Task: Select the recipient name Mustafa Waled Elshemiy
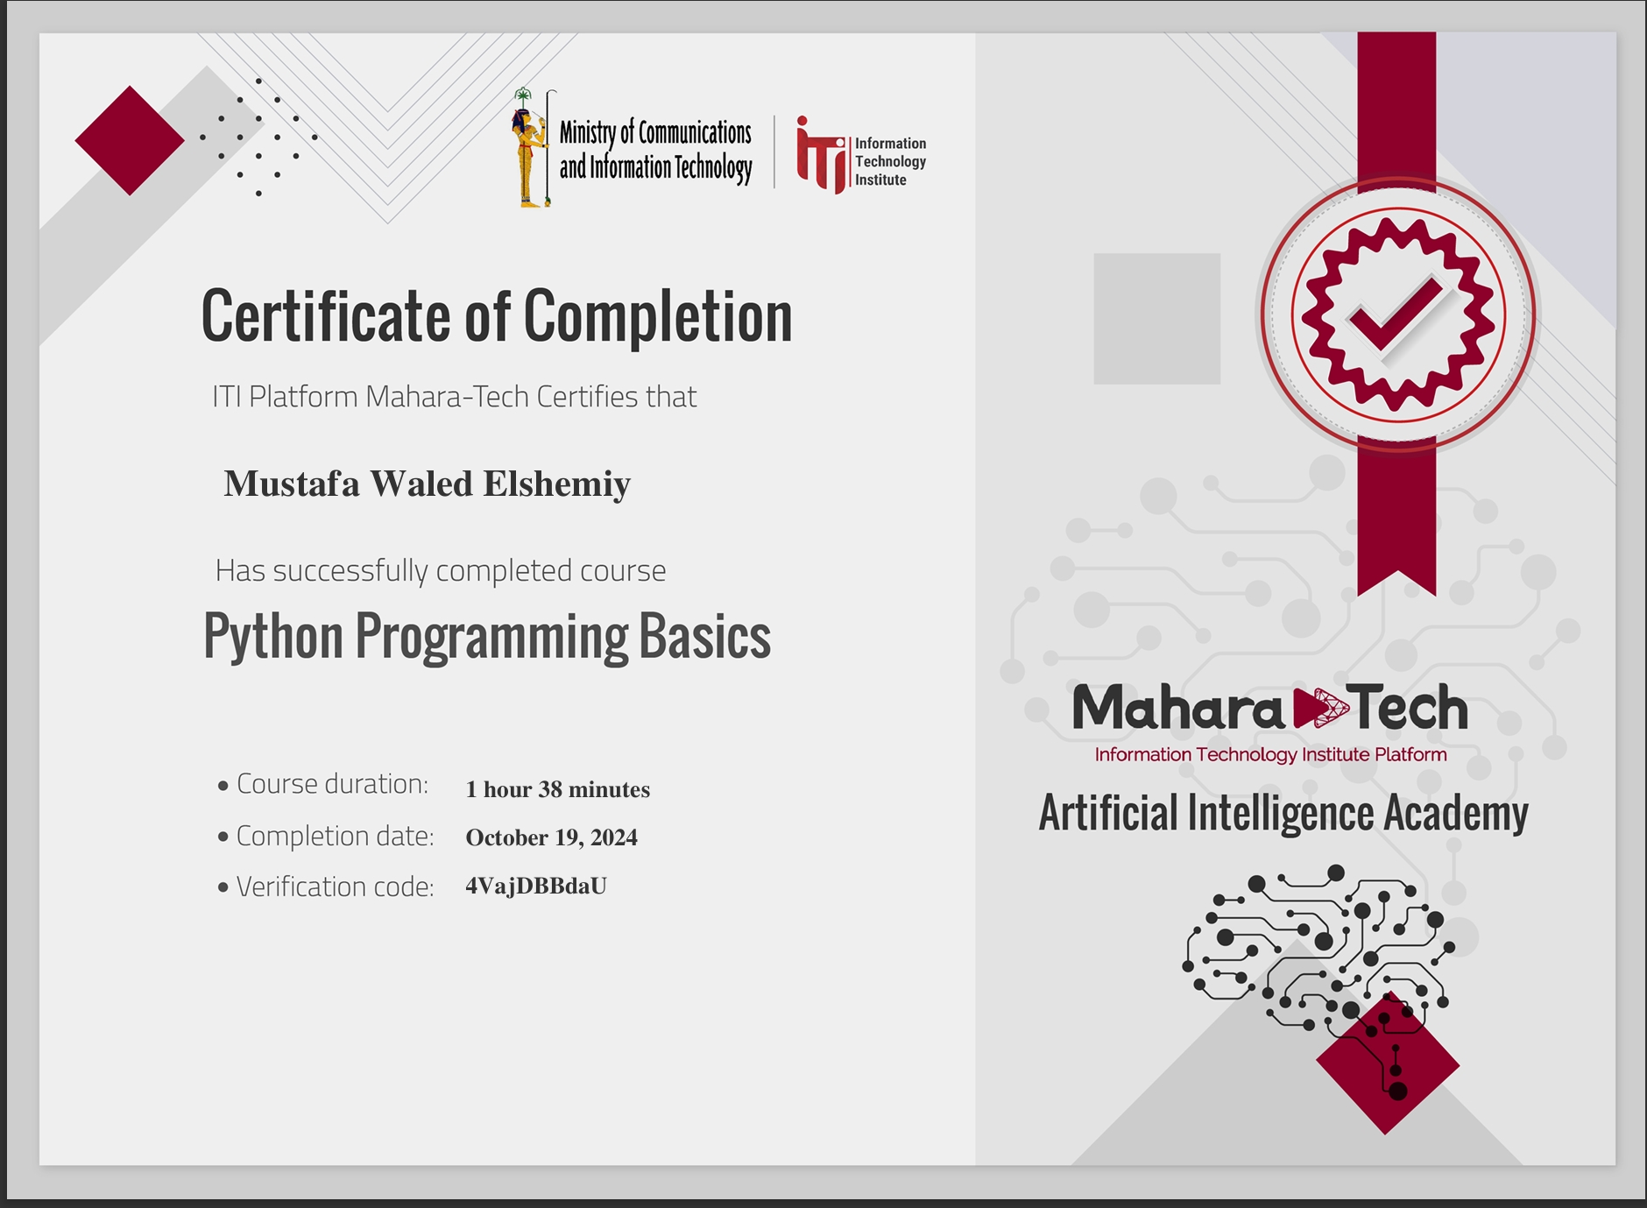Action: (428, 484)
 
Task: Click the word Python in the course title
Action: (273, 638)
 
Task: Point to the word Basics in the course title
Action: (705, 636)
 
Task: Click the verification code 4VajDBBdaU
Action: (536, 887)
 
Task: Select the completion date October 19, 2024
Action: (552, 837)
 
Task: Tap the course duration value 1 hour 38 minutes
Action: (558, 789)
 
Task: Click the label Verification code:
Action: (336, 887)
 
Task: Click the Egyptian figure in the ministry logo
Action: (527, 147)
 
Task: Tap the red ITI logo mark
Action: (821, 155)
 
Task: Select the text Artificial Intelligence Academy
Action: (1283, 813)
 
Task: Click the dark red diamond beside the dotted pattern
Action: (130, 140)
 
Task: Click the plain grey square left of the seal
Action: (1156, 319)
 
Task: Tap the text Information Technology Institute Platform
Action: (1270, 755)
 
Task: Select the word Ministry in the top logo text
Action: (588, 133)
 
